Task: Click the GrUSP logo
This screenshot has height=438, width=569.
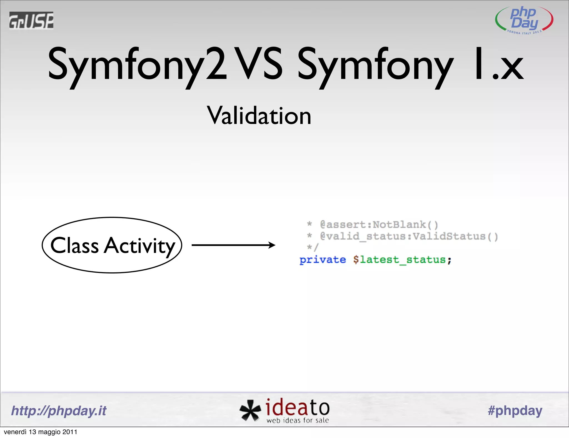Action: (31, 20)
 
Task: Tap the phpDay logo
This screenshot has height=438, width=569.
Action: (524, 20)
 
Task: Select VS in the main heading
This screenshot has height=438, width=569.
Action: (258, 63)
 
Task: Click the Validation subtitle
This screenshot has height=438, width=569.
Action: (259, 116)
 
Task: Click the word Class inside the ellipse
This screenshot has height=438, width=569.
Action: (74, 246)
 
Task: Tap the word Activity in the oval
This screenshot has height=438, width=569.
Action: (139, 246)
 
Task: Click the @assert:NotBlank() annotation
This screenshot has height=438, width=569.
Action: (379, 225)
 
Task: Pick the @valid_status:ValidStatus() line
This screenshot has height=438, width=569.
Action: (409, 236)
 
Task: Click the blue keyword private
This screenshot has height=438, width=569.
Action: (323, 260)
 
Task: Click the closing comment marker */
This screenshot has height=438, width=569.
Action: (313, 247)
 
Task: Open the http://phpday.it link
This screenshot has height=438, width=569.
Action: (59, 410)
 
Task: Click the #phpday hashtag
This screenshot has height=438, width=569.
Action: (515, 410)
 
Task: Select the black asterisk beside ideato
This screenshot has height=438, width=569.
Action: (250, 410)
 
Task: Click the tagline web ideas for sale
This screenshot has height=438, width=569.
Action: (298, 420)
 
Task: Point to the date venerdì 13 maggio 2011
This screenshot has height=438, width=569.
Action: (41, 432)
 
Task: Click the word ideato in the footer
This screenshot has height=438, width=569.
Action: (298, 407)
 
